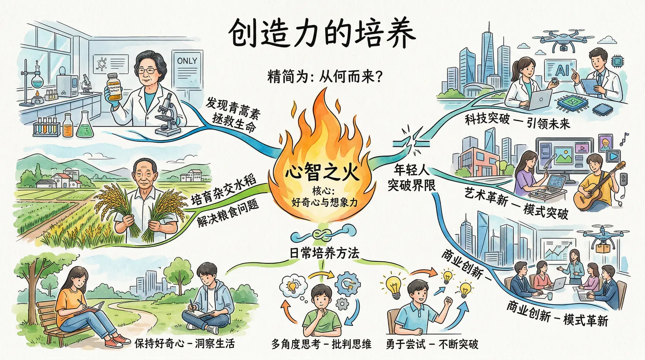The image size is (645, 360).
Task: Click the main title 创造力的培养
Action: tap(322, 34)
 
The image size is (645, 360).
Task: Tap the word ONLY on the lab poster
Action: tap(187, 61)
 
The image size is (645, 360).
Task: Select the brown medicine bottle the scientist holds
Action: tap(114, 87)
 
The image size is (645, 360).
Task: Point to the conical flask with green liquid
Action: tap(83, 126)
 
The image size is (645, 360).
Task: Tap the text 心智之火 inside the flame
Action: tap(322, 172)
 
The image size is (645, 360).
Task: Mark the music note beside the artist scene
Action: tap(624, 139)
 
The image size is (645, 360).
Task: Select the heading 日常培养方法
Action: tap(325, 253)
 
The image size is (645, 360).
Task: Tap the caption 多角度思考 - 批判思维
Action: tap(321, 344)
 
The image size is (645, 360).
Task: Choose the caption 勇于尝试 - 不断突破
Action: tap(432, 344)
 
